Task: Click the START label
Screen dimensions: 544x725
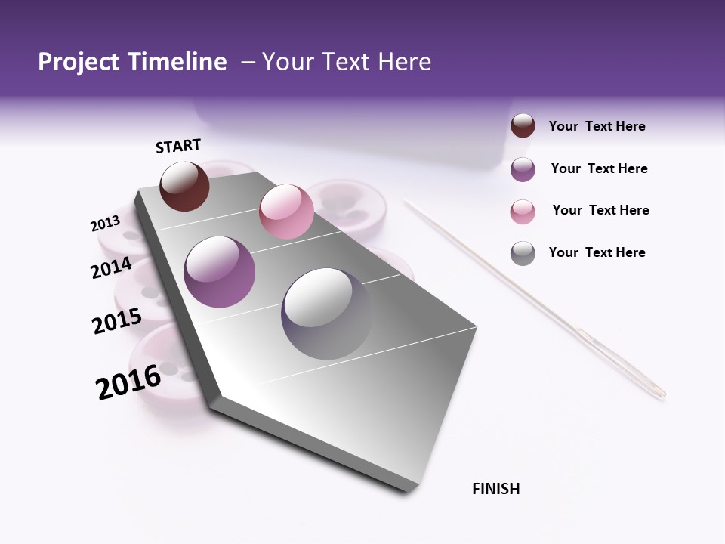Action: click(x=178, y=146)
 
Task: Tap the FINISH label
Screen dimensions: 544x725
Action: click(x=495, y=489)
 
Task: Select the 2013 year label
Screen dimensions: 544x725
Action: click(x=105, y=224)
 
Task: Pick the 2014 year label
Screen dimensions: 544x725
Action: click(x=111, y=268)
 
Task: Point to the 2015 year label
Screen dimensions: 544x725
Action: click(x=116, y=321)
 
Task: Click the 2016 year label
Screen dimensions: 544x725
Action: click(x=128, y=382)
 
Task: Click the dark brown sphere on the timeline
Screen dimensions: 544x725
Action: click(x=184, y=186)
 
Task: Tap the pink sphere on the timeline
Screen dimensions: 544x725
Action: click(x=286, y=212)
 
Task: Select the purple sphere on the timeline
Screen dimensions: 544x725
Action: click(x=219, y=271)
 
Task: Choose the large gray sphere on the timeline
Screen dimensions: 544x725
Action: click(x=326, y=314)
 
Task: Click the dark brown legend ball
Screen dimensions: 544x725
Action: click(x=523, y=126)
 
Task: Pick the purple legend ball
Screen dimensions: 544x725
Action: click(x=523, y=169)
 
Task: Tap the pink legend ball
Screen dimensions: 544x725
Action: click(x=523, y=212)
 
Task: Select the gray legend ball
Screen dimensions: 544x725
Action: click(x=523, y=253)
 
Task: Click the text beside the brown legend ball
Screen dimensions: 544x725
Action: click(x=597, y=126)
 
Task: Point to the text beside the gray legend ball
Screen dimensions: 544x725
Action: click(x=597, y=252)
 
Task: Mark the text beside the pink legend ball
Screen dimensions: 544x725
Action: click(x=600, y=210)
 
